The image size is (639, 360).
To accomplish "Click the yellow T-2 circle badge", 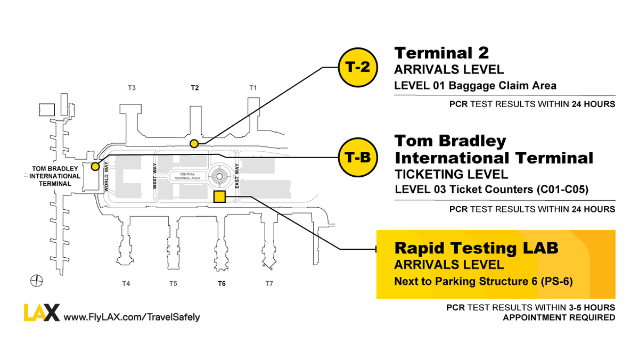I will pyautogui.click(x=357, y=68).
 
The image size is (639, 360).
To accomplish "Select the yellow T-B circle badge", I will pyautogui.click(x=357, y=158).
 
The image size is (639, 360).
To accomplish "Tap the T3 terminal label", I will pyautogui.click(x=132, y=88).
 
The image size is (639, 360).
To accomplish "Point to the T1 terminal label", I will pyautogui.click(x=253, y=88).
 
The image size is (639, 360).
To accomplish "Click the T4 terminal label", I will pyautogui.click(x=126, y=284).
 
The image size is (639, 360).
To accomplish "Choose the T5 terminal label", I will pyautogui.click(x=173, y=284).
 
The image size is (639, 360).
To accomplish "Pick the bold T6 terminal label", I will pyautogui.click(x=222, y=284).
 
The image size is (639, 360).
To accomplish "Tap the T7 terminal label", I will pyautogui.click(x=269, y=284).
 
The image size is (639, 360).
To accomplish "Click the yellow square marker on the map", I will pyautogui.click(x=219, y=197).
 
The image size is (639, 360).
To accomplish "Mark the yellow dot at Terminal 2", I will pyautogui.click(x=194, y=143).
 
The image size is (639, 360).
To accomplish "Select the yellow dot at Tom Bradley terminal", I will pyautogui.click(x=95, y=167).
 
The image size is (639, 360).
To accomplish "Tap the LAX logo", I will pyautogui.click(x=42, y=313).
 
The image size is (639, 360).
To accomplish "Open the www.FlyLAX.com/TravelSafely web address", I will pyautogui.click(x=132, y=317).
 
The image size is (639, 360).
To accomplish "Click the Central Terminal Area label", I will pyautogui.click(x=190, y=176).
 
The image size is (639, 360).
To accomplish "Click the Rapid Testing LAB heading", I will pyautogui.click(x=476, y=248).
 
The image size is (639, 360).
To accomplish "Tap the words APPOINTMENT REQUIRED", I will pyautogui.click(x=559, y=318).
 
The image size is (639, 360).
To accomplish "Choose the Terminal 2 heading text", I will pyautogui.click(x=441, y=53).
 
